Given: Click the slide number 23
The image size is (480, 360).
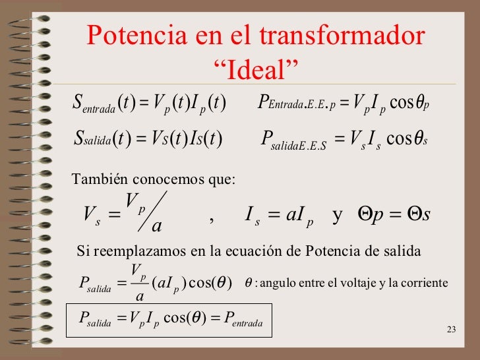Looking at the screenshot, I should point(451,330).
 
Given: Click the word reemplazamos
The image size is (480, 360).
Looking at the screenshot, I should point(132,251).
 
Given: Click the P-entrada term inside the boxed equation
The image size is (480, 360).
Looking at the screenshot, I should point(243,320).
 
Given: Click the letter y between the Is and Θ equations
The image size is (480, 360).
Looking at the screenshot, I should point(338,215).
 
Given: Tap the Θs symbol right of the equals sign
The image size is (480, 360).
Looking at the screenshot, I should point(418,214).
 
